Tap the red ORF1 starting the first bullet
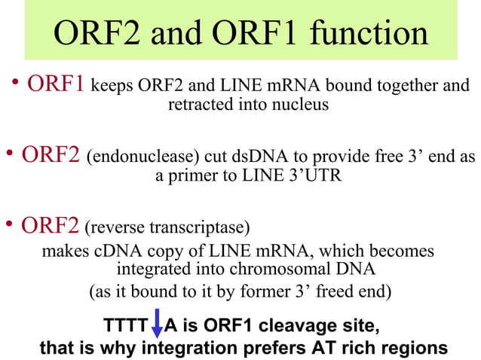(57, 84)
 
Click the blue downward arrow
(157, 326)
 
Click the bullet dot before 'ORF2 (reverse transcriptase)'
(10, 224)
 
